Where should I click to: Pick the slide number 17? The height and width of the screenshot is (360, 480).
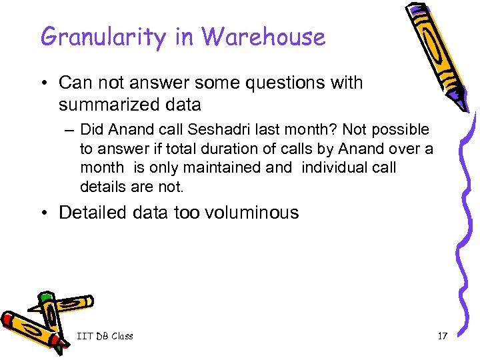(x=442, y=336)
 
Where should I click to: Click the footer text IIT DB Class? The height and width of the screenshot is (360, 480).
(x=105, y=336)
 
